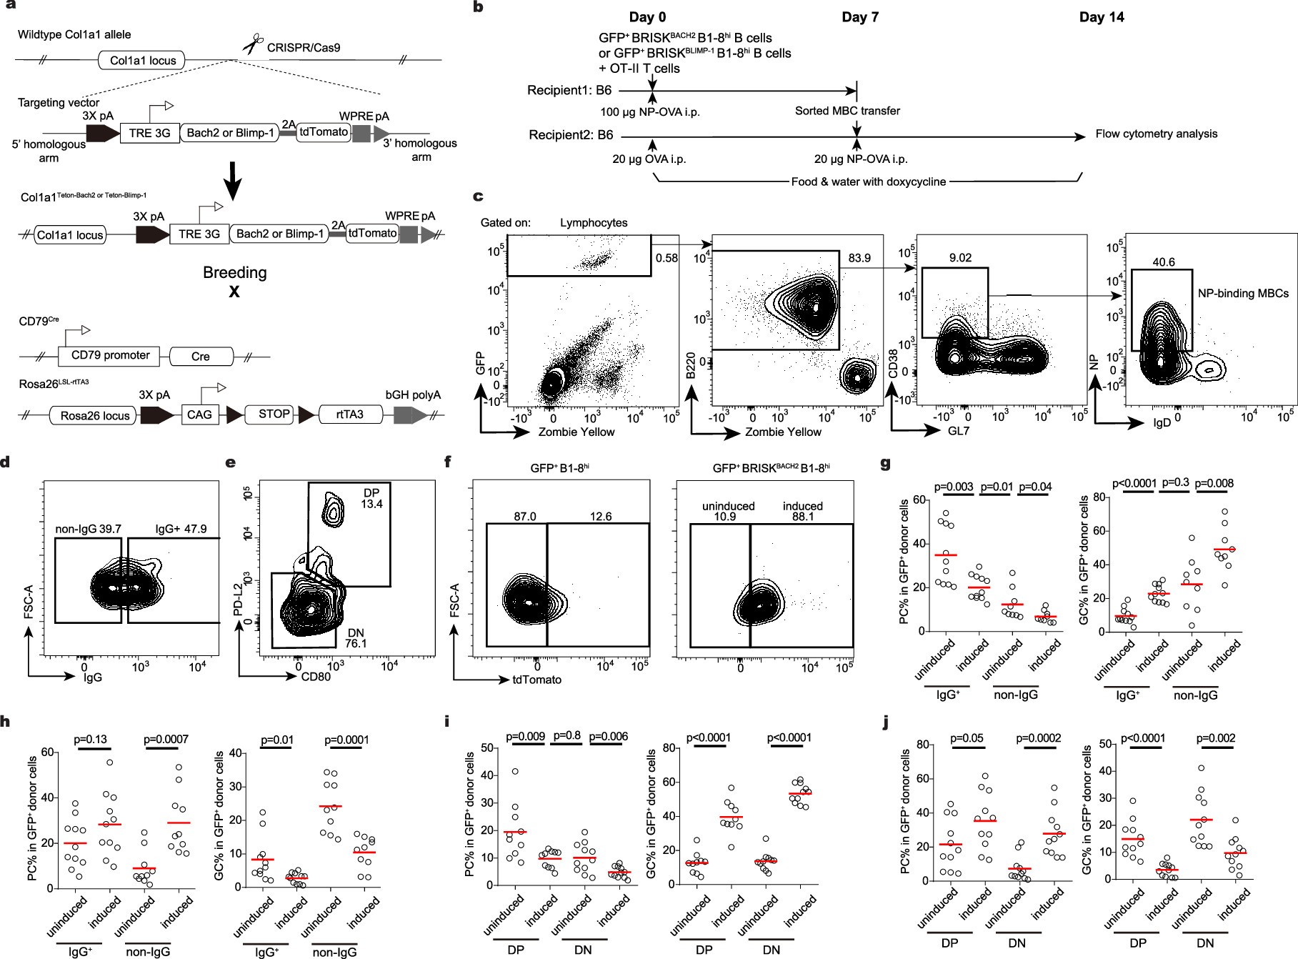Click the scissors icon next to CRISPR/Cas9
click(251, 46)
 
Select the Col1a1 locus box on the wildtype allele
click(142, 60)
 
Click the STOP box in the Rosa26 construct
click(274, 414)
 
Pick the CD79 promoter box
click(111, 355)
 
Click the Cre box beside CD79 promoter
click(201, 356)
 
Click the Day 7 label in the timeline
click(860, 17)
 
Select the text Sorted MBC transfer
click(847, 111)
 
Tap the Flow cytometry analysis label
click(1157, 134)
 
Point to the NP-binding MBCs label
click(1243, 293)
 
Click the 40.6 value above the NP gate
click(1164, 262)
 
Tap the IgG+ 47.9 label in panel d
click(181, 530)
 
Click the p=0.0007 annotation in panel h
click(166, 739)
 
